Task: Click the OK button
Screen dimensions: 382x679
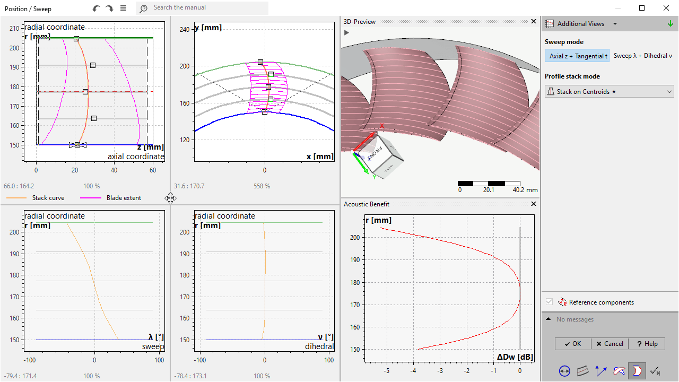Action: pyautogui.click(x=573, y=344)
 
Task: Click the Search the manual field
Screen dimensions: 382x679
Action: pyautogui.click(x=207, y=8)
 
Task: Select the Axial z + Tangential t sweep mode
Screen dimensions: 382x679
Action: pyautogui.click(x=577, y=56)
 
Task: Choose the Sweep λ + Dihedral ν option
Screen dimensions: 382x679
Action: pyautogui.click(x=642, y=56)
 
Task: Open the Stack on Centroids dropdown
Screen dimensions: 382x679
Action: pyautogui.click(x=609, y=92)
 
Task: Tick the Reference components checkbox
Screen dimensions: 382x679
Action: pyautogui.click(x=549, y=302)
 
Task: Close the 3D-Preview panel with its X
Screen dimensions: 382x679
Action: pyautogui.click(x=534, y=22)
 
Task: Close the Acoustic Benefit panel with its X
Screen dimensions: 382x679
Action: pyautogui.click(x=534, y=204)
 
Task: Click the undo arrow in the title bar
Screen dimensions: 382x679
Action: pyautogui.click(x=96, y=8)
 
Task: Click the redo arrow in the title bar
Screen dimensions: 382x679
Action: pyautogui.click(x=109, y=8)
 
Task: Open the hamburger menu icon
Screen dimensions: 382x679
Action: pyautogui.click(x=123, y=8)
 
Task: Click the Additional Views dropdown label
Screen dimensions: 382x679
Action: pyautogui.click(x=580, y=24)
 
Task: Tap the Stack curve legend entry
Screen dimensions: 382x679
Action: pyautogui.click(x=48, y=198)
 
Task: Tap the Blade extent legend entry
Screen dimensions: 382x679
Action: pyautogui.click(x=124, y=198)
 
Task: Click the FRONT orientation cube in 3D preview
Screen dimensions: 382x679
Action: pyautogui.click(x=387, y=158)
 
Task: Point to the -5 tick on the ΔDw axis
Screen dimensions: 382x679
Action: pyautogui.click(x=387, y=371)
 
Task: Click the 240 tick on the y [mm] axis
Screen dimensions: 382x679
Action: pyautogui.click(x=185, y=30)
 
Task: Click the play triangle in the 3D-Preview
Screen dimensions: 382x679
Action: pyautogui.click(x=346, y=32)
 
